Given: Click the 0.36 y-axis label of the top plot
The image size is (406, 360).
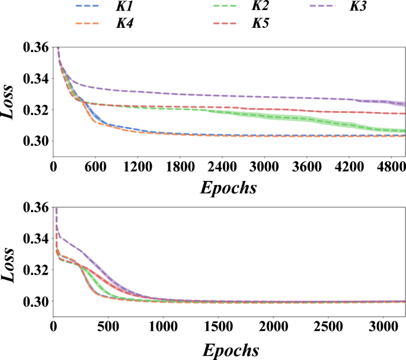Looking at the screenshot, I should coord(35,47).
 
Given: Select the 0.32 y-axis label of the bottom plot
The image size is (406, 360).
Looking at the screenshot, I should coord(35,270).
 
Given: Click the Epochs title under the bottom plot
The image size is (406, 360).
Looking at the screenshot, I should coord(231,349).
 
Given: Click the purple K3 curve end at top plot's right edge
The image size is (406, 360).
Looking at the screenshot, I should coord(404,104).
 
